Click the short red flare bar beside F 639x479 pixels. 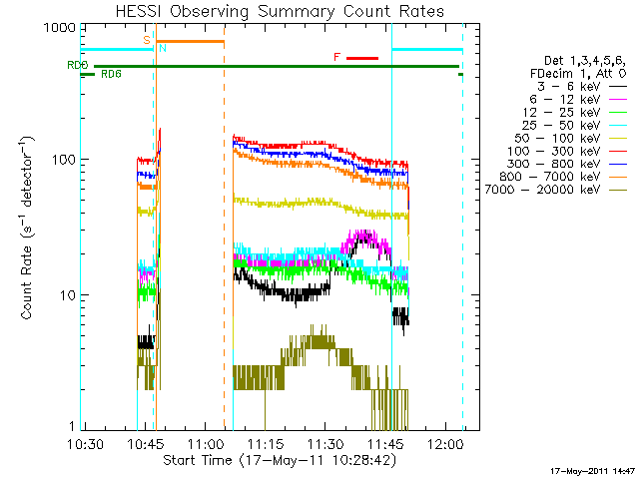(x=361, y=59)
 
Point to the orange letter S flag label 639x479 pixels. (x=147, y=39)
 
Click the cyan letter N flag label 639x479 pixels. (x=163, y=48)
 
